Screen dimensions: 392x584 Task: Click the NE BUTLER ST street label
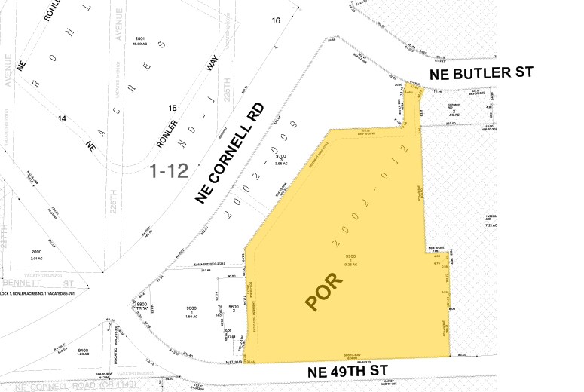pos(481,73)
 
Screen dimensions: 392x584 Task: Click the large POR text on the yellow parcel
pos(323,290)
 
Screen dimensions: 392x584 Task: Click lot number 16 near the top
pos(276,20)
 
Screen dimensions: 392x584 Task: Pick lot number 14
pos(62,118)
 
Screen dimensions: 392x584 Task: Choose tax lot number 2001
pos(140,38)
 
